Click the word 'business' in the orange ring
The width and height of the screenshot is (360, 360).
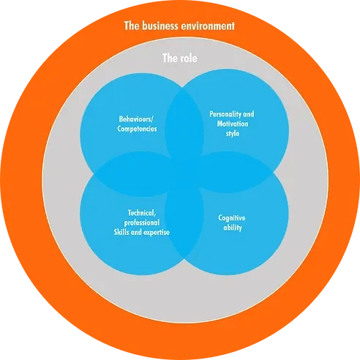[160, 26]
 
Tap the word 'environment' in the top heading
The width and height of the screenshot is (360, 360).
[207, 26]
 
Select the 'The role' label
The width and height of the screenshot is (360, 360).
[180, 58]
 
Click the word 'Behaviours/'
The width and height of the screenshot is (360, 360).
[136, 119]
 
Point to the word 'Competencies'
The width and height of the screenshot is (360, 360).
[137, 129]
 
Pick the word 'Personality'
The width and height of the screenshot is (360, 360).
[222, 114]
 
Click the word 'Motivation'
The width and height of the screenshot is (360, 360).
[233, 124]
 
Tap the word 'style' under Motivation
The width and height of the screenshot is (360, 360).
[232, 134]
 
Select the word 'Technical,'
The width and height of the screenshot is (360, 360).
[142, 213]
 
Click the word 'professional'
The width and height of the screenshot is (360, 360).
[142, 222]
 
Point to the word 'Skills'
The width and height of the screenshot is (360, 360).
[121, 232]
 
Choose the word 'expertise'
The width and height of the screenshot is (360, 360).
[157, 232]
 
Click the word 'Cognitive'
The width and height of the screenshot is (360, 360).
[232, 218]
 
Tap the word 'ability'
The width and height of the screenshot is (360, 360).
[233, 228]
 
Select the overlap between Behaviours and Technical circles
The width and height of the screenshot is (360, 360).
[133, 174]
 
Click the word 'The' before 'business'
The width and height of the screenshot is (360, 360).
[132, 26]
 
